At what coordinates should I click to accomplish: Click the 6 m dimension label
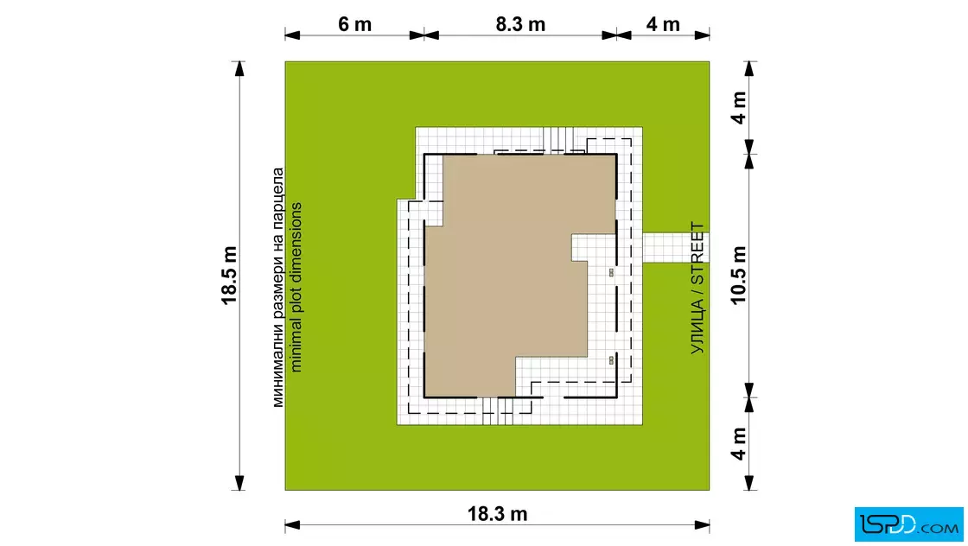pos(354,24)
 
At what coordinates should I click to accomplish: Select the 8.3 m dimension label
pos(520,24)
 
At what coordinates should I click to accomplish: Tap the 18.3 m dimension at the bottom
pos(497,513)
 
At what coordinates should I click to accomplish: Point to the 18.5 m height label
pos(229,275)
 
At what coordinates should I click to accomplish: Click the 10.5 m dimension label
pos(738,275)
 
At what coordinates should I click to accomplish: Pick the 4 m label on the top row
pos(663,24)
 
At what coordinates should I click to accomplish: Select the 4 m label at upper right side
pos(738,108)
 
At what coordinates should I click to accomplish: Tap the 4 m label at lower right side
pos(738,443)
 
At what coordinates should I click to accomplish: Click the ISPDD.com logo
pos(908,524)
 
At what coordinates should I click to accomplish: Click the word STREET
pos(697,253)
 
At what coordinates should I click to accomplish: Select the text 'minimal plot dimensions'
pos(296,288)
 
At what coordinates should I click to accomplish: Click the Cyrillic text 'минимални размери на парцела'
pos(277,288)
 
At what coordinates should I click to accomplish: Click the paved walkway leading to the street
pos(675,247)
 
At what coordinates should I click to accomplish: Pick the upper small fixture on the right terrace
pos(611,272)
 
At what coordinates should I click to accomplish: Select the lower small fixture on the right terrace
pos(611,359)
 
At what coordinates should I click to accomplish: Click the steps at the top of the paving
pos(558,139)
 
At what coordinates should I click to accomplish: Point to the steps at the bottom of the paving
pos(498,411)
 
